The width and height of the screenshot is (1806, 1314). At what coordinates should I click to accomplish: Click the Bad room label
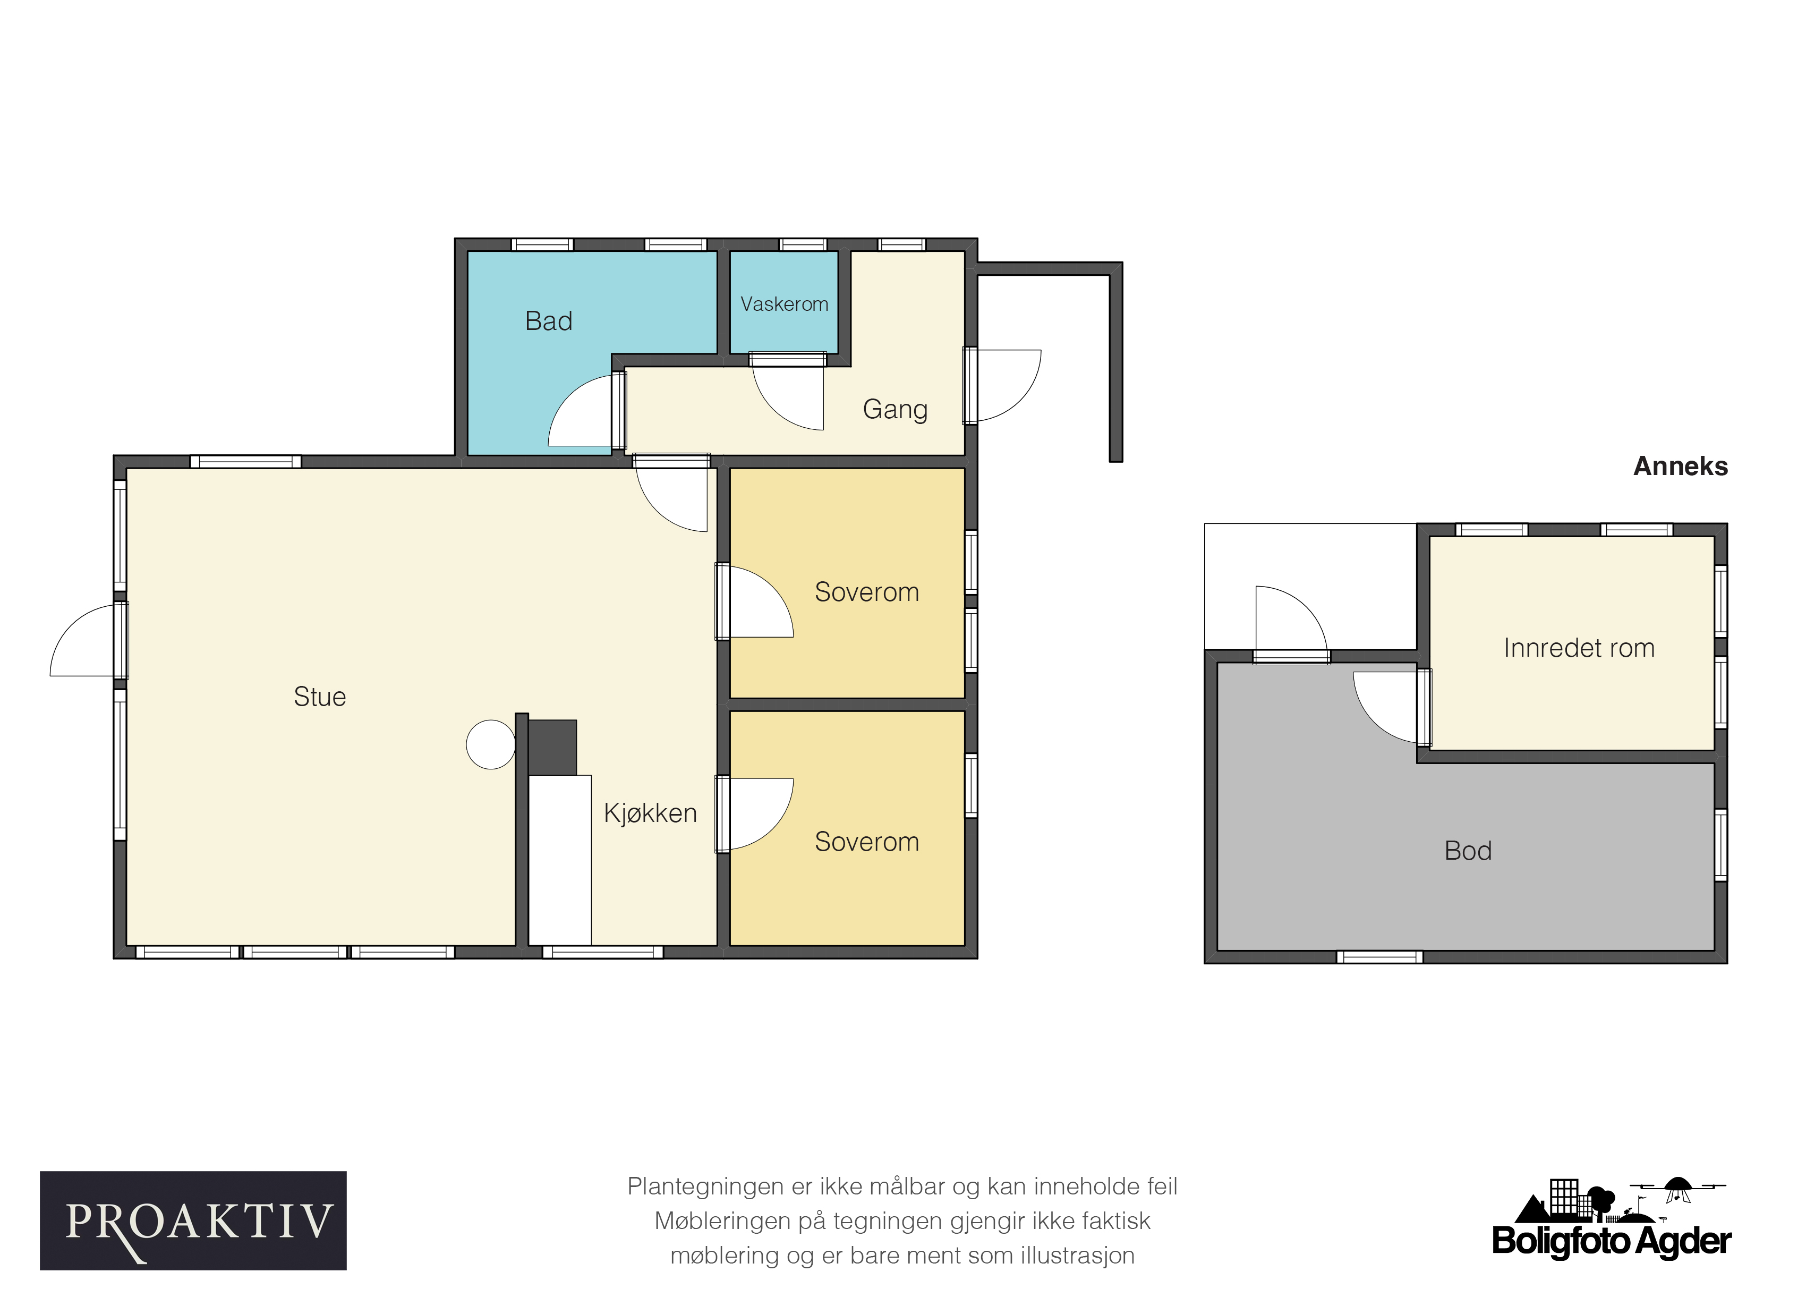pyautogui.click(x=549, y=321)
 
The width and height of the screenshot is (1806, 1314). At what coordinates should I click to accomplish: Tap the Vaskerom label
pyautogui.click(x=785, y=304)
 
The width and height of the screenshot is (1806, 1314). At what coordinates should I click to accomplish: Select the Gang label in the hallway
pyautogui.click(x=895, y=409)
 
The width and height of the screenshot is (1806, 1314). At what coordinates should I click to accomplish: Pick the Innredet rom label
pyautogui.click(x=1579, y=648)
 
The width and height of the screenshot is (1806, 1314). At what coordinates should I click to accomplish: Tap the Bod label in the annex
pyautogui.click(x=1468, y=851)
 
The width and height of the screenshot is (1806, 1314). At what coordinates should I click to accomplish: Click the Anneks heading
pyautogui.click(x=1680, y=467)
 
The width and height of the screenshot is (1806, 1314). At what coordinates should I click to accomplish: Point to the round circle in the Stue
pyautogui.click(x=490, y=744)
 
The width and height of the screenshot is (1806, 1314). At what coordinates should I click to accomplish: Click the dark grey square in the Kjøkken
pyautogui.click(x=552, y=748)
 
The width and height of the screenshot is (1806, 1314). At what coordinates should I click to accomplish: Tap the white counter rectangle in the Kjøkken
pyautogui.click(x=560, y=860)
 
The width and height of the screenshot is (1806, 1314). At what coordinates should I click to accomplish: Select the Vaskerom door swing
pyautogui.click(x=777, y=406)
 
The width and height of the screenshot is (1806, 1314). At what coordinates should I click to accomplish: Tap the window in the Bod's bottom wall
pyautogui.click(x=1380, y=957)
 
